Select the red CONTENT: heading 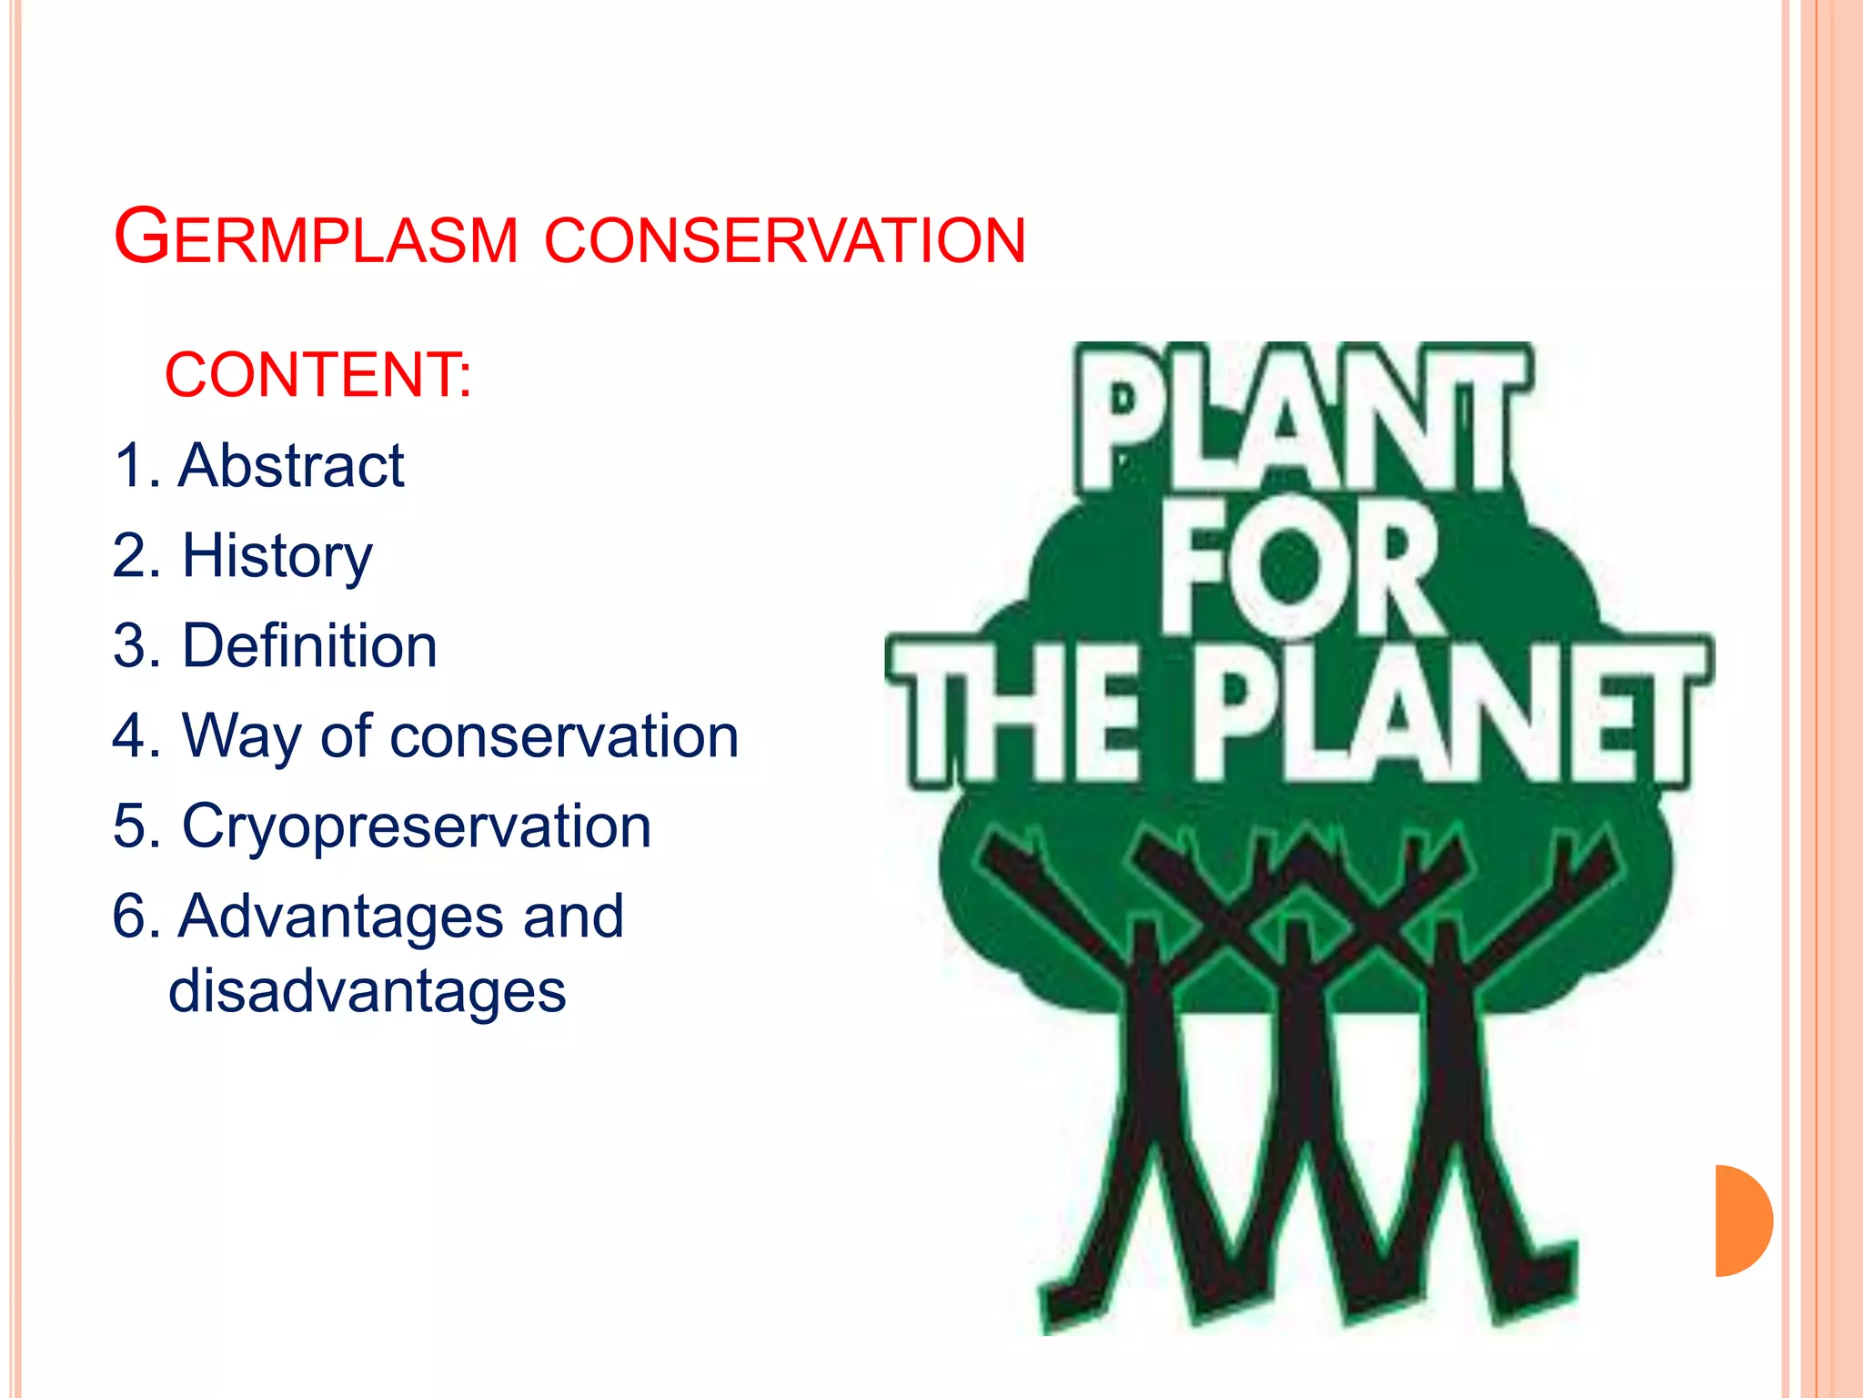[x=318, y=374]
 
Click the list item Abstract [x=291, y=465]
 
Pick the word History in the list [x=277, y=555]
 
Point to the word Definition [x=309, y=645]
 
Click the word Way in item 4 [x=241, y=735]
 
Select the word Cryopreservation [x=417, y=826]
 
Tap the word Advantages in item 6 [x=340, y=916]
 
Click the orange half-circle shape [x=1742, y=1221]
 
